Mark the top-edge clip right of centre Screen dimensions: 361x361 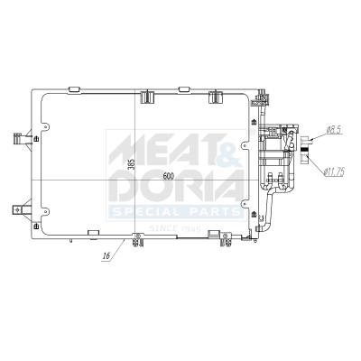click(x=216, y=94)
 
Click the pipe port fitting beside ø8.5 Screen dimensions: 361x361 click(x=304, y=141)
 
